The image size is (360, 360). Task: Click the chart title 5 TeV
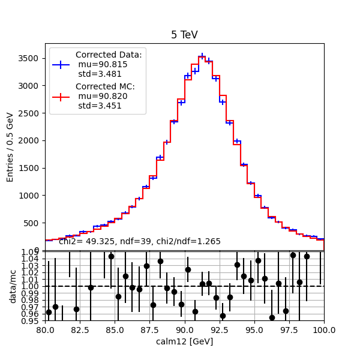[184, 35]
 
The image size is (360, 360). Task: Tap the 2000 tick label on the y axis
[29, 140]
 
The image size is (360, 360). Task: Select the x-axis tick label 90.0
[184, 329]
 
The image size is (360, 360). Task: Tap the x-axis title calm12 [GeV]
[184, 341]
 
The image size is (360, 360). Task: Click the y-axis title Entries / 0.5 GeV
[10, 146]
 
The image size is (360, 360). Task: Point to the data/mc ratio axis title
[13, 286]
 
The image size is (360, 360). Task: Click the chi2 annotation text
[140, 241]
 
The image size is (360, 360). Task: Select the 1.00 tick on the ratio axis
[33, 286]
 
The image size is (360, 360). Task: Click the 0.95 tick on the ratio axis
[33, 321]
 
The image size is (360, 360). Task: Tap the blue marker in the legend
[62, 64]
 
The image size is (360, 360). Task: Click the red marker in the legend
[62, 96]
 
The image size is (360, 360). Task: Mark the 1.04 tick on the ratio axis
[33, 258]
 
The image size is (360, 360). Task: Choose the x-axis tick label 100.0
[323, 329]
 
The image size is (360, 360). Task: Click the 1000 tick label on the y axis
[29, 196]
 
